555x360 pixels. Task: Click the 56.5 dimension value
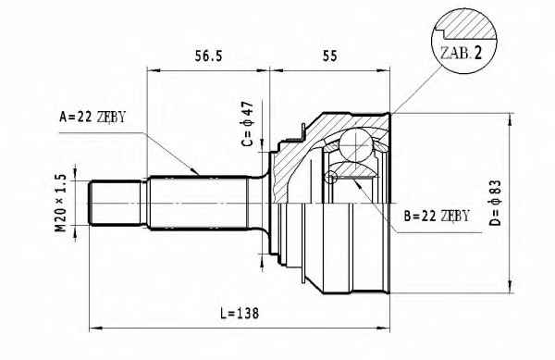click(x=208, y=56)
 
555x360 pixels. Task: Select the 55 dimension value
click(x=330, y=56)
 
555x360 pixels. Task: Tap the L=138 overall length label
click(x=240, y=313)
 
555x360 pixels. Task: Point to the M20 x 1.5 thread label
click(x=60, y=203)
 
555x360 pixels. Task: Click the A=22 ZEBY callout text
click(x=92, y=117)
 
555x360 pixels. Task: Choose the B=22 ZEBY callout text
click(x=437, y=216)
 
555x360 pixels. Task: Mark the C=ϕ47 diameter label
click(x=247, y=123)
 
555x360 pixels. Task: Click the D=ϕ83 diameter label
click(x=495, y=203)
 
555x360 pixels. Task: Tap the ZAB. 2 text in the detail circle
click(x=461, y=53)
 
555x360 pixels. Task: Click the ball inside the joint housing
click(x=356, y=145)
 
